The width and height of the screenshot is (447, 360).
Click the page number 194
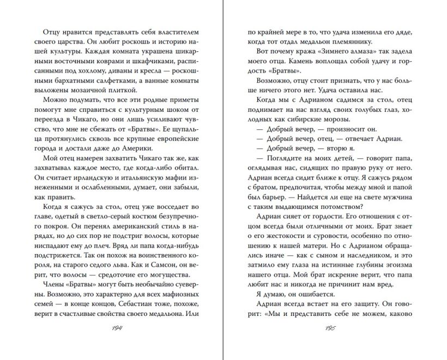(x=116, y=328)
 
